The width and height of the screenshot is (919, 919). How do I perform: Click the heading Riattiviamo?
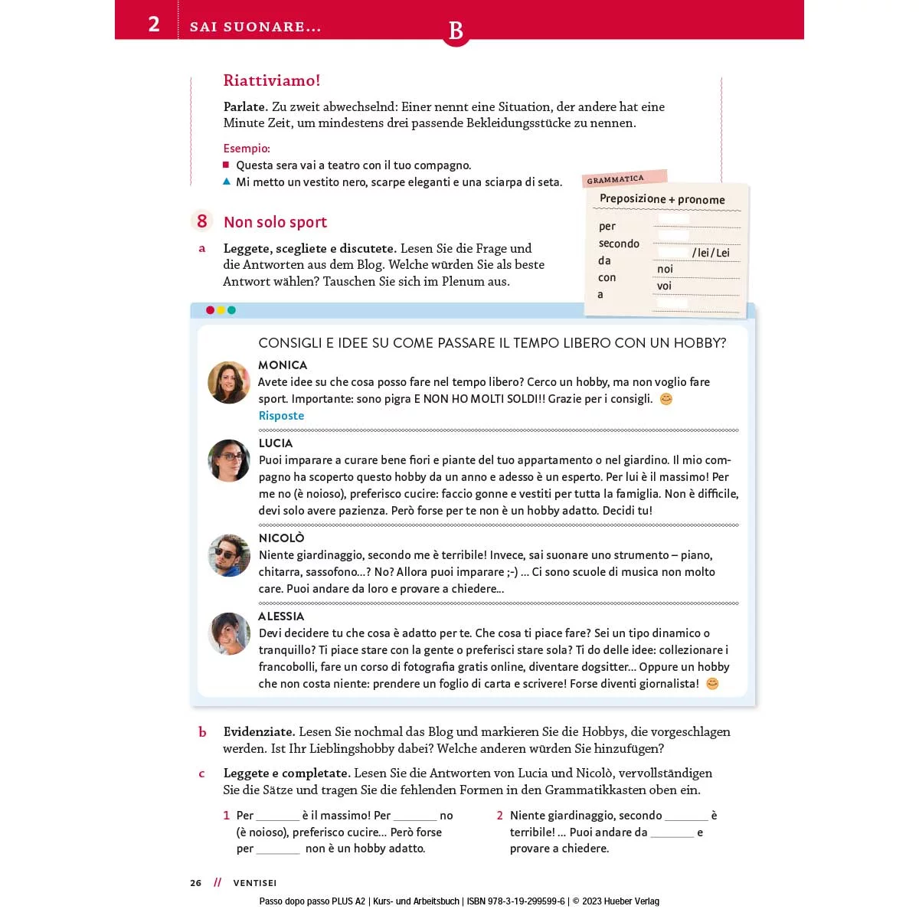tap(271, 80)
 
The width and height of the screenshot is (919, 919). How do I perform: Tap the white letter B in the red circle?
tap(456, 31)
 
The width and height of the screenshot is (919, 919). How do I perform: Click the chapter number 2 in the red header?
tap(154, 24)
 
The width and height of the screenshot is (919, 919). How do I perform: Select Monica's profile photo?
tap(229, 382)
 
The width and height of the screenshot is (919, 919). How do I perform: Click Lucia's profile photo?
tap(229, 460)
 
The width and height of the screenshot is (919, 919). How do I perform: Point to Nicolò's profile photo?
tap(229, 555)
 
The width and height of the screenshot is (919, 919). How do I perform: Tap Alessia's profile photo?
tap(229, 633)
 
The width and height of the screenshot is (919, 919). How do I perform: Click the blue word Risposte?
tap(281, 416)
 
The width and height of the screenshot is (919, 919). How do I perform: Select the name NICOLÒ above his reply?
tap(281, 538)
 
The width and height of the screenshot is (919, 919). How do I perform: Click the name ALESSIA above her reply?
tap(281, 616)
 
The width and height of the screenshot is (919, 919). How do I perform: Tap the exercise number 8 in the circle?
tap(202, 221)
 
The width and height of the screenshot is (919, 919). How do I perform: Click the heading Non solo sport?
tap(275, 222)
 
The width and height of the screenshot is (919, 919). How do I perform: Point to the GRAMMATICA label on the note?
tap(616, 179)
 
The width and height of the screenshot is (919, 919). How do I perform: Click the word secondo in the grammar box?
tap(619, 244)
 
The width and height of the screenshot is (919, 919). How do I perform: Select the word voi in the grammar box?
tap(664, 286)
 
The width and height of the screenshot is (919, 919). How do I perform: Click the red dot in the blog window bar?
tap(210, 310)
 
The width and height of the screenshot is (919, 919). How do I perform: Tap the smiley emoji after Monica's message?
tap(666, 399)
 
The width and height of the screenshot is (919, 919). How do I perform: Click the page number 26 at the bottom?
tap(196, 883)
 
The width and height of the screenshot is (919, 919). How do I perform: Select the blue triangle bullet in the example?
tap(227, 182)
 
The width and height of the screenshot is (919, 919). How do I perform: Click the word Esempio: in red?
tap(247, 149)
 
